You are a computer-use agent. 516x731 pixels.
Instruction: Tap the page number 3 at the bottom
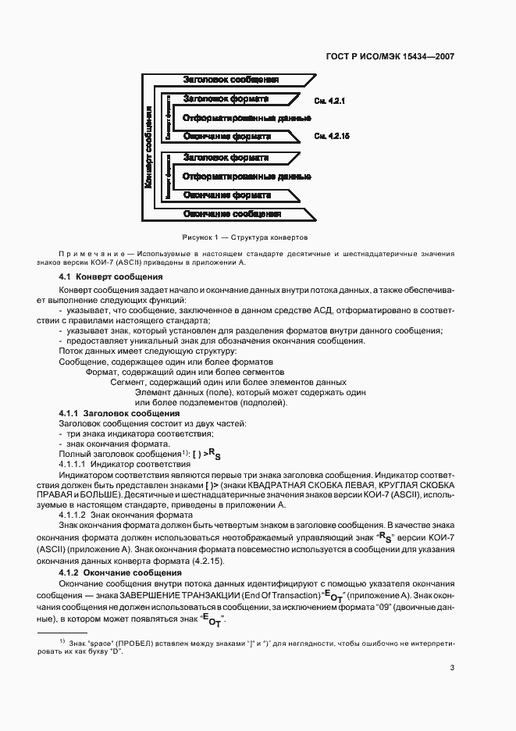[452, 667]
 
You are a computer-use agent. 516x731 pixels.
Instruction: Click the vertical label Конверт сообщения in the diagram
[148, 146]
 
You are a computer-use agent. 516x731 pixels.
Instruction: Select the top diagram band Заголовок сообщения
[230, 80]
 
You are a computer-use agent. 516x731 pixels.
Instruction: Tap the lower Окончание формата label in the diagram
[226, 194]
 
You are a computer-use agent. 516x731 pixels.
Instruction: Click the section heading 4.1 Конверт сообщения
[111, 276]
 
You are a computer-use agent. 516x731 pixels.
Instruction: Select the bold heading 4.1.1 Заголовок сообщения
[119, 412]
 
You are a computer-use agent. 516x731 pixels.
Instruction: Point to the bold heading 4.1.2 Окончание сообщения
[120, 572]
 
